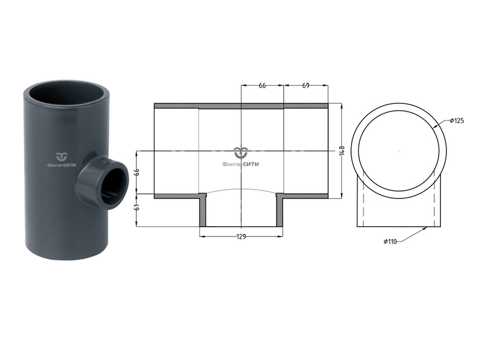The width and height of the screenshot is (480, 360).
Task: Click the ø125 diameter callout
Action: click(x=457, y=121)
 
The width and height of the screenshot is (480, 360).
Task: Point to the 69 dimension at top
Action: click(x=305, y=86)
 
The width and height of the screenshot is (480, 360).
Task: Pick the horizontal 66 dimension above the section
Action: click(x=262, y=86)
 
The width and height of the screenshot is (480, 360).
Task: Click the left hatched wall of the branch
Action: click(x=203, y=211)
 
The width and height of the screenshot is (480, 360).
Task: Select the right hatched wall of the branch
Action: click(x=280, y=211)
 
